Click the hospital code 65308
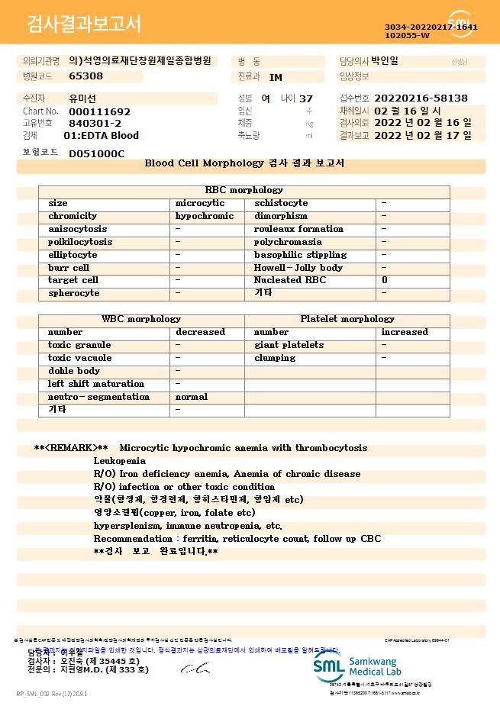pyautogui.click(x=85, y=76)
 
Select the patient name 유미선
pyautogui.click(x=82, y=98)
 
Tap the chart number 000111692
pyautogui.click(x=99, y=111)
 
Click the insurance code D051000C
pyautogui.click(x=96, y=153)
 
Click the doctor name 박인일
pyautogui.click(x=385, y=61)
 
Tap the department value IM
pyautogui.click(x=276, y=77)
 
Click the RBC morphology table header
pyautogui.click(x=244, y=190)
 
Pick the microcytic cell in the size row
pyautogui.click(x=200, y=203)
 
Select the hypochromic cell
pyautogui.click(x=205, y=216)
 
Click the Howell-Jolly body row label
pyautogui.click(x=298, y=268)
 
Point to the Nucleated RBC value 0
pyautogui.click(x=385, y=280)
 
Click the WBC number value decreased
pyautogui.click(x=200, y=332)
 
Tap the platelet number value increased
pyautogui.click(x=405, y=332)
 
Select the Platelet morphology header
pyautogui.click(x=347, y=319)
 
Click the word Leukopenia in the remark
pyautogui.click(x=119, y=461)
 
